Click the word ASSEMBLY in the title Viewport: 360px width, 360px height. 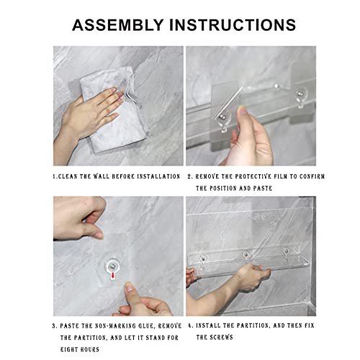[118, 25]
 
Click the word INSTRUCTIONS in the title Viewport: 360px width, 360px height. [233, 25]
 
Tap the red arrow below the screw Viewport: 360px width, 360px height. [112, 276]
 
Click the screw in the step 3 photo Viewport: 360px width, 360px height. [112, 266]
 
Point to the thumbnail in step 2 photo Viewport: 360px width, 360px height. [243, 111]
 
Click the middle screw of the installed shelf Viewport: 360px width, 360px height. [246, 254]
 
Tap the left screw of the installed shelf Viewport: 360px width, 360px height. [203, 258]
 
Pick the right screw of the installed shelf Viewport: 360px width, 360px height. [286, 251]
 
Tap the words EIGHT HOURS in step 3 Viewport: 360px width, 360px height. [80, 349]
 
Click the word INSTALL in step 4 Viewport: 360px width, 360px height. [208, 325]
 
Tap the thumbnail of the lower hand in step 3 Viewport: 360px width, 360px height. [130, 287]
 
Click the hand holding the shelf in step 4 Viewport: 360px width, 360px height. [250, 276]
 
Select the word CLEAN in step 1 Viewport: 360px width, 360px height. [68, 176]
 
